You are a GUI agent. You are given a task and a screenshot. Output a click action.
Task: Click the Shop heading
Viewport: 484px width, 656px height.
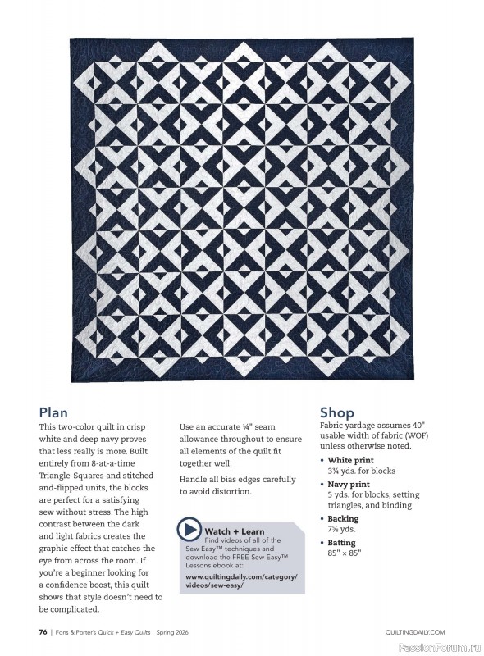click(x=336, y=412)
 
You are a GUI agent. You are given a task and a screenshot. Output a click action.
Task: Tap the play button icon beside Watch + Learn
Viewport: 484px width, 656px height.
click(x=189, y=530)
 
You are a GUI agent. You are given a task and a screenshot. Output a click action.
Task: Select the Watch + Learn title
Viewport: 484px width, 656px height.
click(x=235, y=531)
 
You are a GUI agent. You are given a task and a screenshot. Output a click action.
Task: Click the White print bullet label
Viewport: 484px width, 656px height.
click(x=350, y=461)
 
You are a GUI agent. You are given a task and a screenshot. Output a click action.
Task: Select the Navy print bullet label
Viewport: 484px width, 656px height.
click(x=349, y=485)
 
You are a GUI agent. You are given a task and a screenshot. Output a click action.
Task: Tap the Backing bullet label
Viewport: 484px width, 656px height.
click(x=343, y=519)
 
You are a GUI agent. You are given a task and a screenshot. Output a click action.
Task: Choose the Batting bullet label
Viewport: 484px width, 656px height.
click(x=341, y=543)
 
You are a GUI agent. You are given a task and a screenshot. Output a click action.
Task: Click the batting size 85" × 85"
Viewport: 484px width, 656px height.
click(x=344, y=553)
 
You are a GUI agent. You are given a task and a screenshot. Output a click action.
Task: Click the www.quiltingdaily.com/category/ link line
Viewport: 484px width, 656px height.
click(x=235, y=576)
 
